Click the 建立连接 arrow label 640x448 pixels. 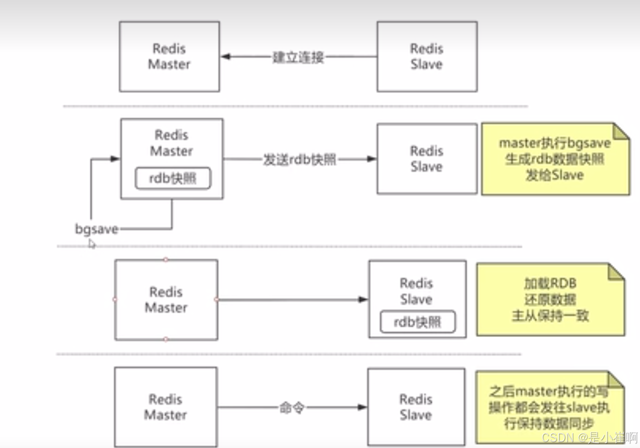(x=298, y=57)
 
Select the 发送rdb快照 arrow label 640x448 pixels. (x=300, y=159)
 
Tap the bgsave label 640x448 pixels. (x=97, y=229)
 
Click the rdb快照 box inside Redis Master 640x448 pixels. (x=173, y=178)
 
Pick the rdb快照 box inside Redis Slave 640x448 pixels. (x=417, y=322)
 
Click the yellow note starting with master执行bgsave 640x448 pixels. (x=555, y=159)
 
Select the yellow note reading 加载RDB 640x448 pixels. (x=550, y=299)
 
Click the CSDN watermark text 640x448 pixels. (x=588, y=437)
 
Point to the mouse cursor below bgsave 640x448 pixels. (x=92, y=243)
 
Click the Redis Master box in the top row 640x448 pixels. (x=169, y=57)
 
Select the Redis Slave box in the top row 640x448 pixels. (x=426, y=57)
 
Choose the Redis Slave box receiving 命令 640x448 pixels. (x=416, y=407)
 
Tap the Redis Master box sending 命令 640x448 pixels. (x=165, y=407)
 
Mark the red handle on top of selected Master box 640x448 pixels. (x=166, y=259)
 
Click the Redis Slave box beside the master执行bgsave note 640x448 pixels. (x=426, y=159)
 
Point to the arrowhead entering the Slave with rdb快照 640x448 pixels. (x=363, y=299)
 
